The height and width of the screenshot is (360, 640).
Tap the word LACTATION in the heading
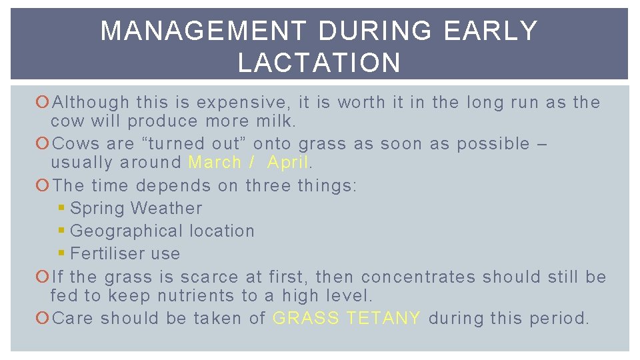[319, 63]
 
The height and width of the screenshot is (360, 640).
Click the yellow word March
[215, 162]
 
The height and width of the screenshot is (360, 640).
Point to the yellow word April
[287, 162]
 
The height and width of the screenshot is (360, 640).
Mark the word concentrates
[419, 277]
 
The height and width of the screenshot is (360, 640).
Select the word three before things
[269, 185]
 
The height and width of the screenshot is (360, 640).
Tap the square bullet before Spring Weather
[62, 209]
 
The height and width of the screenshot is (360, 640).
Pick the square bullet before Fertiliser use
[62, 254]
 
